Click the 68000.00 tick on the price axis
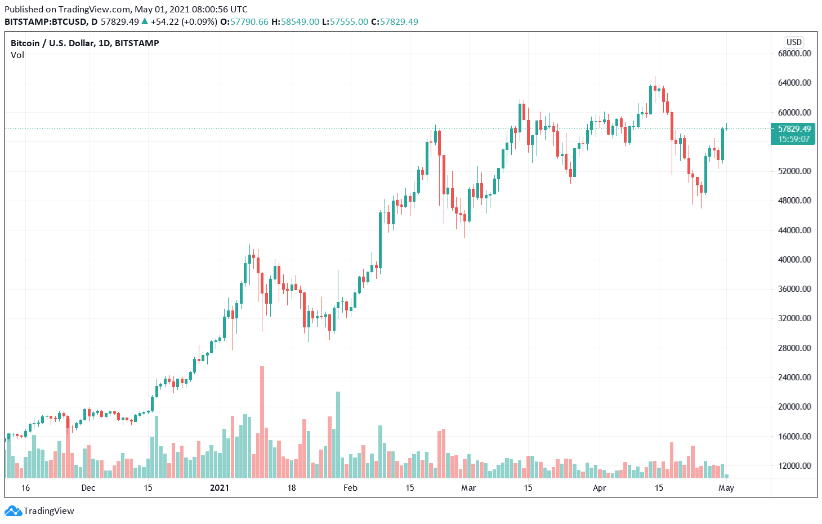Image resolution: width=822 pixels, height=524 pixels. click(x=794, y=54)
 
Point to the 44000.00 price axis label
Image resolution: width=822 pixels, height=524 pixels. click(x=794, y=230)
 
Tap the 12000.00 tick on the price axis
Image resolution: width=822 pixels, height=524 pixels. click(x=794, y=465)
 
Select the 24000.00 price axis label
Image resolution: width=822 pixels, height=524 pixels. click(x=794, y=377)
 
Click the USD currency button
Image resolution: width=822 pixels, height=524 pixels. click(x=794, y=42)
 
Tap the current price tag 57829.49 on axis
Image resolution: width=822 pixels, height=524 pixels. click(x=794, y=129)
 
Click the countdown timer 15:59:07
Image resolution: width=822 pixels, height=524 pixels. click(x=794, y=139)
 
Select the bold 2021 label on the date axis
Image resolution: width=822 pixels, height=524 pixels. click(x=220, y=488)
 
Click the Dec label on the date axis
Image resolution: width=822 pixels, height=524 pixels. click(x=88, y=488)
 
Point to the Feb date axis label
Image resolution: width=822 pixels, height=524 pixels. click(x=350, y=488)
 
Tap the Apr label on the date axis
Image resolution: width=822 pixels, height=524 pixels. click(x=600, y=488)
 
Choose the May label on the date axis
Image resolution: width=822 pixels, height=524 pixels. click(x=726, y=488)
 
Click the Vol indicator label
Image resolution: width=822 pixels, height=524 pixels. click(x=17, y=55)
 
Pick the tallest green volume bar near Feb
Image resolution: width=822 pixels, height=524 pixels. click(x=338, y=434)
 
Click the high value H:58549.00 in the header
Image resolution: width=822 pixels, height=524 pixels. click(x=296, y=22)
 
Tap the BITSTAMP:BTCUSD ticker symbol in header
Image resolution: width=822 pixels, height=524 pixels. click(x=46, y=22)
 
